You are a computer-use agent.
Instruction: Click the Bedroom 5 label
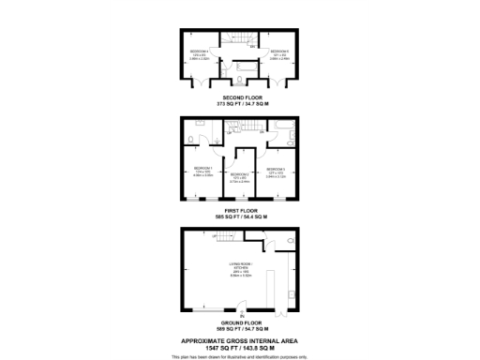[277, 52]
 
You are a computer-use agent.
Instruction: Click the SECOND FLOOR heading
[240, 96]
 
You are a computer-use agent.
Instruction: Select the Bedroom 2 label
[240, 175]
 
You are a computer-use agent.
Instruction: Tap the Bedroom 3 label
[276, 170]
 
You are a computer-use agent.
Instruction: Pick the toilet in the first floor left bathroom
[191, 141]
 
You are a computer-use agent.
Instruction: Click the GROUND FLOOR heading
[240, 322]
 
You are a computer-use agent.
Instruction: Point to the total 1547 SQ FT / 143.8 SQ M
[240, 347]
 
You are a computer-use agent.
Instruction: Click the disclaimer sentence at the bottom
[240, 356]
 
